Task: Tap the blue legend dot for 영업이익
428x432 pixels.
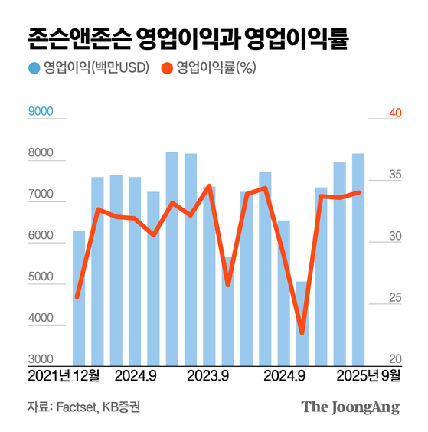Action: [34, 67]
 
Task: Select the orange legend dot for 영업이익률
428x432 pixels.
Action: [166, 67]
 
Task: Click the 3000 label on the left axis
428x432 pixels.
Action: [41, 360]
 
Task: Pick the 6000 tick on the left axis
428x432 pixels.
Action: [41, 237]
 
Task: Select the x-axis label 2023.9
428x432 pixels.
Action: [208, 376]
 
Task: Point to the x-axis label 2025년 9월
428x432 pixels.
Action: [364, 376]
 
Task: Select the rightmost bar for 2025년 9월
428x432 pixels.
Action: [358, 259]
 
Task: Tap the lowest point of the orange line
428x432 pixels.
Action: [302, 332]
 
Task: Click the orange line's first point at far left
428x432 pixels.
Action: [78, 296]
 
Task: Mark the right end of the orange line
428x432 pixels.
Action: [359, 192]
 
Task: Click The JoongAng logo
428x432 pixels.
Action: [350, 407]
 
